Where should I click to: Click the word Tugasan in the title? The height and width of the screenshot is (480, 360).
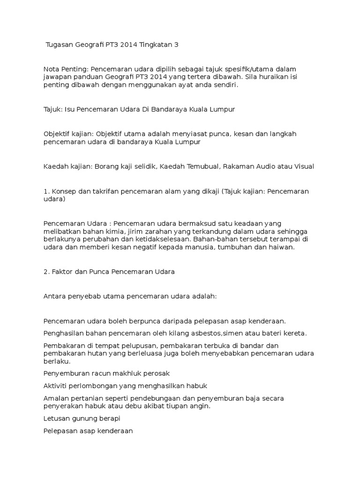[x=60, y=45]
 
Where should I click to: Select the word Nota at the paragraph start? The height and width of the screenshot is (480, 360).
[x=52, y=69]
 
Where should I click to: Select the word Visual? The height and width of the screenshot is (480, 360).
[x=303, y=166]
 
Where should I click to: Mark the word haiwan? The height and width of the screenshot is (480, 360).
[x=281, y=247]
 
